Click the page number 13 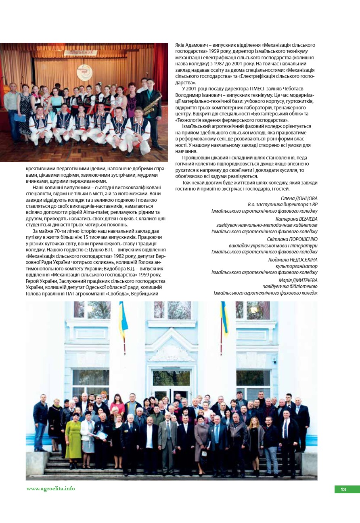[343, 490]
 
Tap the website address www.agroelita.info [51, 489]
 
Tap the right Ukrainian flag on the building [224, 319]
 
